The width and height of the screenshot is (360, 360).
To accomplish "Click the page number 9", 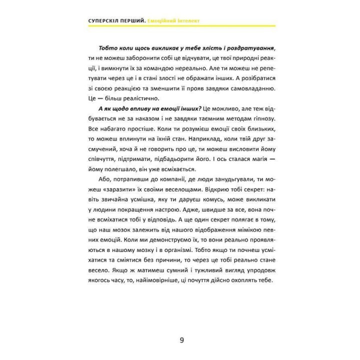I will point(181,326).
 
